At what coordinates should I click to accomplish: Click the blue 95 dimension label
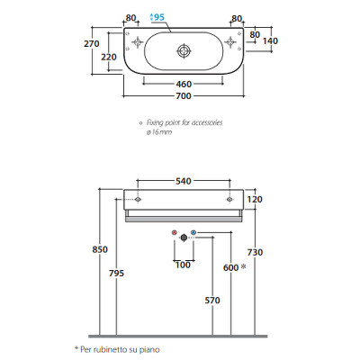(157, 17)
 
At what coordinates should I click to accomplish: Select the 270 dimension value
(92, 44)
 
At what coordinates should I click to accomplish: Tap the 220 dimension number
(109, 57)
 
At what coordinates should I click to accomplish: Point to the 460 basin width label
(184, 85)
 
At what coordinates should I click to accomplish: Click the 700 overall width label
(184, 96)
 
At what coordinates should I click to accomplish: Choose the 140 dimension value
(270, 41)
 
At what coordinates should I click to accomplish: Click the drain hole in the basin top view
(184, 51)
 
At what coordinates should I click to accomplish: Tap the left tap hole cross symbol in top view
(138, 42)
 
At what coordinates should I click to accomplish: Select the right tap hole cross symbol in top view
(230, 42)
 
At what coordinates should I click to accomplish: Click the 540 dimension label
(184, 181)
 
